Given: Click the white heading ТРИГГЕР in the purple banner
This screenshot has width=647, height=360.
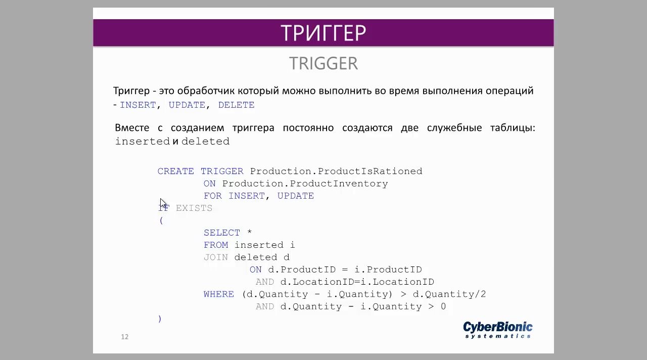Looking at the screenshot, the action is [x=323, y=33].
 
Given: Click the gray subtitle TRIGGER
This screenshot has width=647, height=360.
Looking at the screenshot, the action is [x=323, y=63].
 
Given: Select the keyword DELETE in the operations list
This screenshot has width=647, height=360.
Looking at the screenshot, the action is [x=236, y=105].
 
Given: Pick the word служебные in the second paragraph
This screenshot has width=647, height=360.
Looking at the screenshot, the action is [x=454, y=128].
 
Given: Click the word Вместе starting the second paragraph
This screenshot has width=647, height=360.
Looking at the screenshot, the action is [x=132, y=128].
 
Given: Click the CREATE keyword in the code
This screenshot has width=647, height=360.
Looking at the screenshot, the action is [x=175, y=171].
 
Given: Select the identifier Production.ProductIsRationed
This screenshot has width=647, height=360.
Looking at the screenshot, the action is [x=336, y=171].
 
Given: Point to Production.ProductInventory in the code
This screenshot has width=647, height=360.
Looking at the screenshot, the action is [x=305, y=184].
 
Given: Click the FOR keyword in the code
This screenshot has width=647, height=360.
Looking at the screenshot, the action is [x=213, y=196].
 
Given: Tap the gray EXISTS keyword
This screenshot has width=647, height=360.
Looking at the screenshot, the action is [x=194, y=208].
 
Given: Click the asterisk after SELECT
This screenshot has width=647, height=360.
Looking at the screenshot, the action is [x=249, y=232].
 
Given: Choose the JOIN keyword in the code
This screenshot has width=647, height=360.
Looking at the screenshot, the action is [x=216, y=257].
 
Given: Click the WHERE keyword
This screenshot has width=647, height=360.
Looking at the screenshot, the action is [x=219, y=294].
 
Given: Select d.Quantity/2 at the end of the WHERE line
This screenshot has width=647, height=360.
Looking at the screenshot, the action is [x=449, y=294].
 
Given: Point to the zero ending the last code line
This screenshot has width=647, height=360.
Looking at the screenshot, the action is [x=443, y=306].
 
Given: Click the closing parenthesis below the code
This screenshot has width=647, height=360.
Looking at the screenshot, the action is [x=160, y=319].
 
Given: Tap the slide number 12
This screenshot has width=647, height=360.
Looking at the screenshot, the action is [x=124, y=337].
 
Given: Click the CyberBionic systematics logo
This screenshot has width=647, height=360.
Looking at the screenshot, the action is [x=498, y=330].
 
